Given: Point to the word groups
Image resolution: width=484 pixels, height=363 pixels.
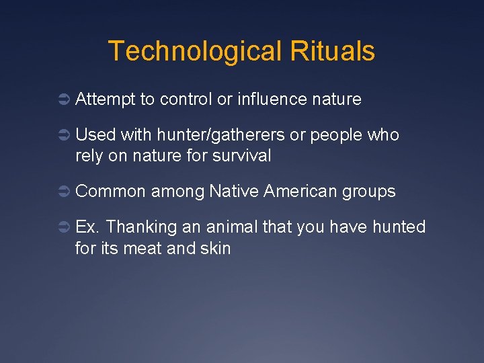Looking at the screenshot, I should coord(369,192).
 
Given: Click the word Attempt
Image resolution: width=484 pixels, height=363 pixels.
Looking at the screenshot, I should coord(106,100).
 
